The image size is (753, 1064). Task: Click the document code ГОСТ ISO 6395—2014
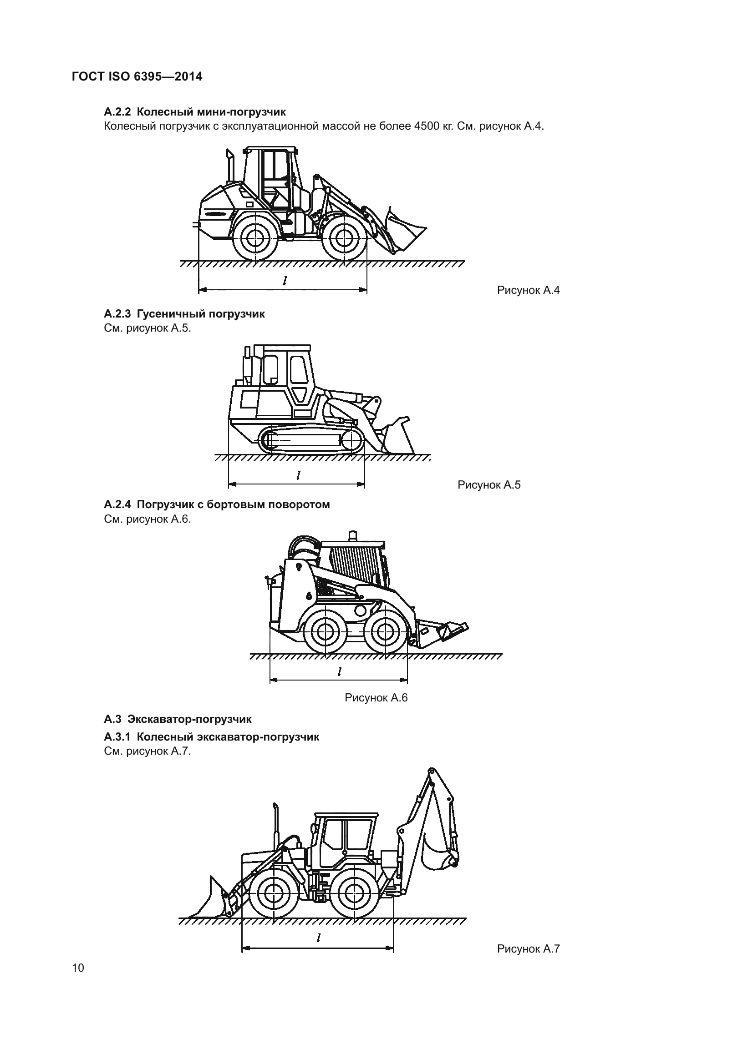tap(137, 76)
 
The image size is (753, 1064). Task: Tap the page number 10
tap(78, 968)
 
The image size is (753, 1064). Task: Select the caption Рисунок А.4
tap(528, 290)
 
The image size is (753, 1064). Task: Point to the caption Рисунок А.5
tap(488, 485)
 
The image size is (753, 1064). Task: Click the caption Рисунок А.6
tap(376, 698)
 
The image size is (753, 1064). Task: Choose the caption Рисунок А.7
tap(528, 948)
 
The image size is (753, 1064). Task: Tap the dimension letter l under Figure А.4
tap(285, 280)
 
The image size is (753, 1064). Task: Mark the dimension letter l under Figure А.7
tap(318, 938)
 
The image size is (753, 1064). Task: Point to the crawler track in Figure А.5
tap(311, 440)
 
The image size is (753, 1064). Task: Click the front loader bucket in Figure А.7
tap(208, 899)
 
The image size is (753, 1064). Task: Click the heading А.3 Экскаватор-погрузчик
tap(178, 719)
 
